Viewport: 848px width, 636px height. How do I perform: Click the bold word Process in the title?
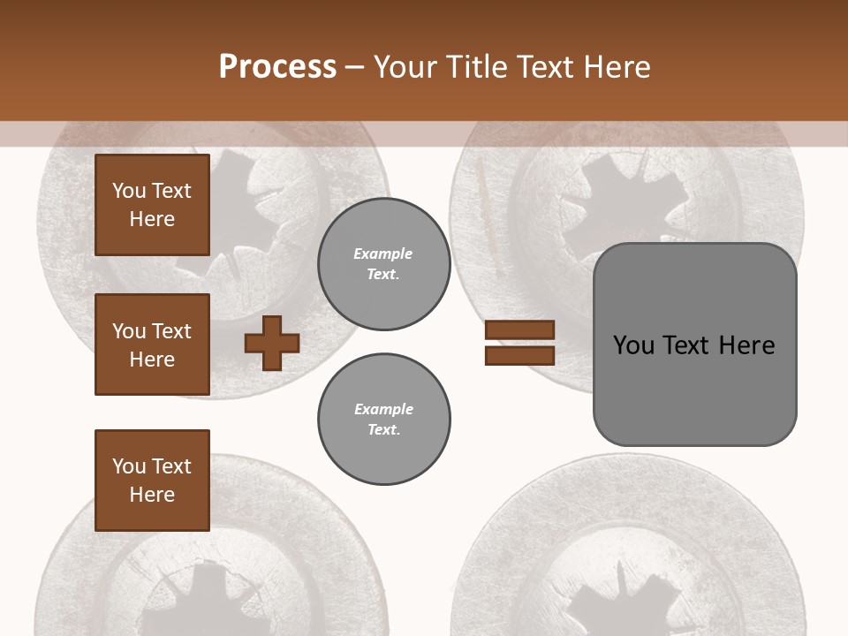click(x=277, y=66)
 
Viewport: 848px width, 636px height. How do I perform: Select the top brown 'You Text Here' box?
click(x=152, y=205)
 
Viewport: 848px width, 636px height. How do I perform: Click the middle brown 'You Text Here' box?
click(x=152, y=344)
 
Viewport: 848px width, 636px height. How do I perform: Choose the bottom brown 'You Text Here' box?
click(x=152, y=480)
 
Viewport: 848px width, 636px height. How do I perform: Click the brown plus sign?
click(x=271, y=343)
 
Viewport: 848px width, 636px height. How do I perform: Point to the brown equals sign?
click(x=519, y=343)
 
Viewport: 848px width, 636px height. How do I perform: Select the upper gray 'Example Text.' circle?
click(x=383, y=263)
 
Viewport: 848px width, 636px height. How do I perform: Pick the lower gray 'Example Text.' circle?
click(x=383, y=419)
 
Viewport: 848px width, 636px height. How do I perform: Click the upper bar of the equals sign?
click(x=519, y=330)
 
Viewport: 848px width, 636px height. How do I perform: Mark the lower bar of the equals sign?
click(x=519, y=355)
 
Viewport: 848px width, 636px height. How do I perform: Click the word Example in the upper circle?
click(x=383, y=254)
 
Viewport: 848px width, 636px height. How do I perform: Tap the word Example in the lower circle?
click(x=383, y=409)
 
